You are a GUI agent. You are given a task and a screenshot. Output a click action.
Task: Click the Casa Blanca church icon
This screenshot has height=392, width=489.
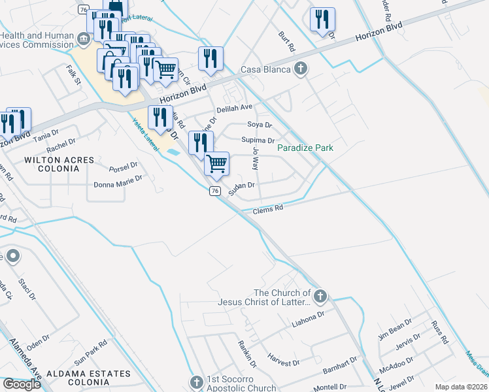point(301,69)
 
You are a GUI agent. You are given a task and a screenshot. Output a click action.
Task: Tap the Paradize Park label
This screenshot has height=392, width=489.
point(305,148)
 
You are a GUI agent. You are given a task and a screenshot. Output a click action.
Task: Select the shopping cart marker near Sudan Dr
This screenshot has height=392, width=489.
point(216,163)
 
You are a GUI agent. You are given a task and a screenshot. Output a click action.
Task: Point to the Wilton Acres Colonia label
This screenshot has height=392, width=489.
point(50,164)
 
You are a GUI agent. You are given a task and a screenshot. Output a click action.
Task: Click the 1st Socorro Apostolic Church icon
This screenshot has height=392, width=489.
point(197,382)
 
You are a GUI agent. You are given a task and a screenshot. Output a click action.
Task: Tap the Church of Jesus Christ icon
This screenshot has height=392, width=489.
point(320,297)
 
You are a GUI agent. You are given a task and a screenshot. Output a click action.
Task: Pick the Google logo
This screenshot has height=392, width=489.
point(22,384)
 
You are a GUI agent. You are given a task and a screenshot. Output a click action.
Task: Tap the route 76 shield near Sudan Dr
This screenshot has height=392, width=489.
point(214,190)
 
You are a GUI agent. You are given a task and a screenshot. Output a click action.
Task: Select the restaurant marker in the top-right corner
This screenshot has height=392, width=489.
point(322,20)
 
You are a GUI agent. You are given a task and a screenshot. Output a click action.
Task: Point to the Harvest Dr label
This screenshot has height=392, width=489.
point(283,360)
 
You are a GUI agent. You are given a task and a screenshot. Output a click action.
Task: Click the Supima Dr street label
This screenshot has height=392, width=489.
point(258,140)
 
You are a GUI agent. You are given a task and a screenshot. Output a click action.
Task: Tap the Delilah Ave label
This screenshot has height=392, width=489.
point(234,108)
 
